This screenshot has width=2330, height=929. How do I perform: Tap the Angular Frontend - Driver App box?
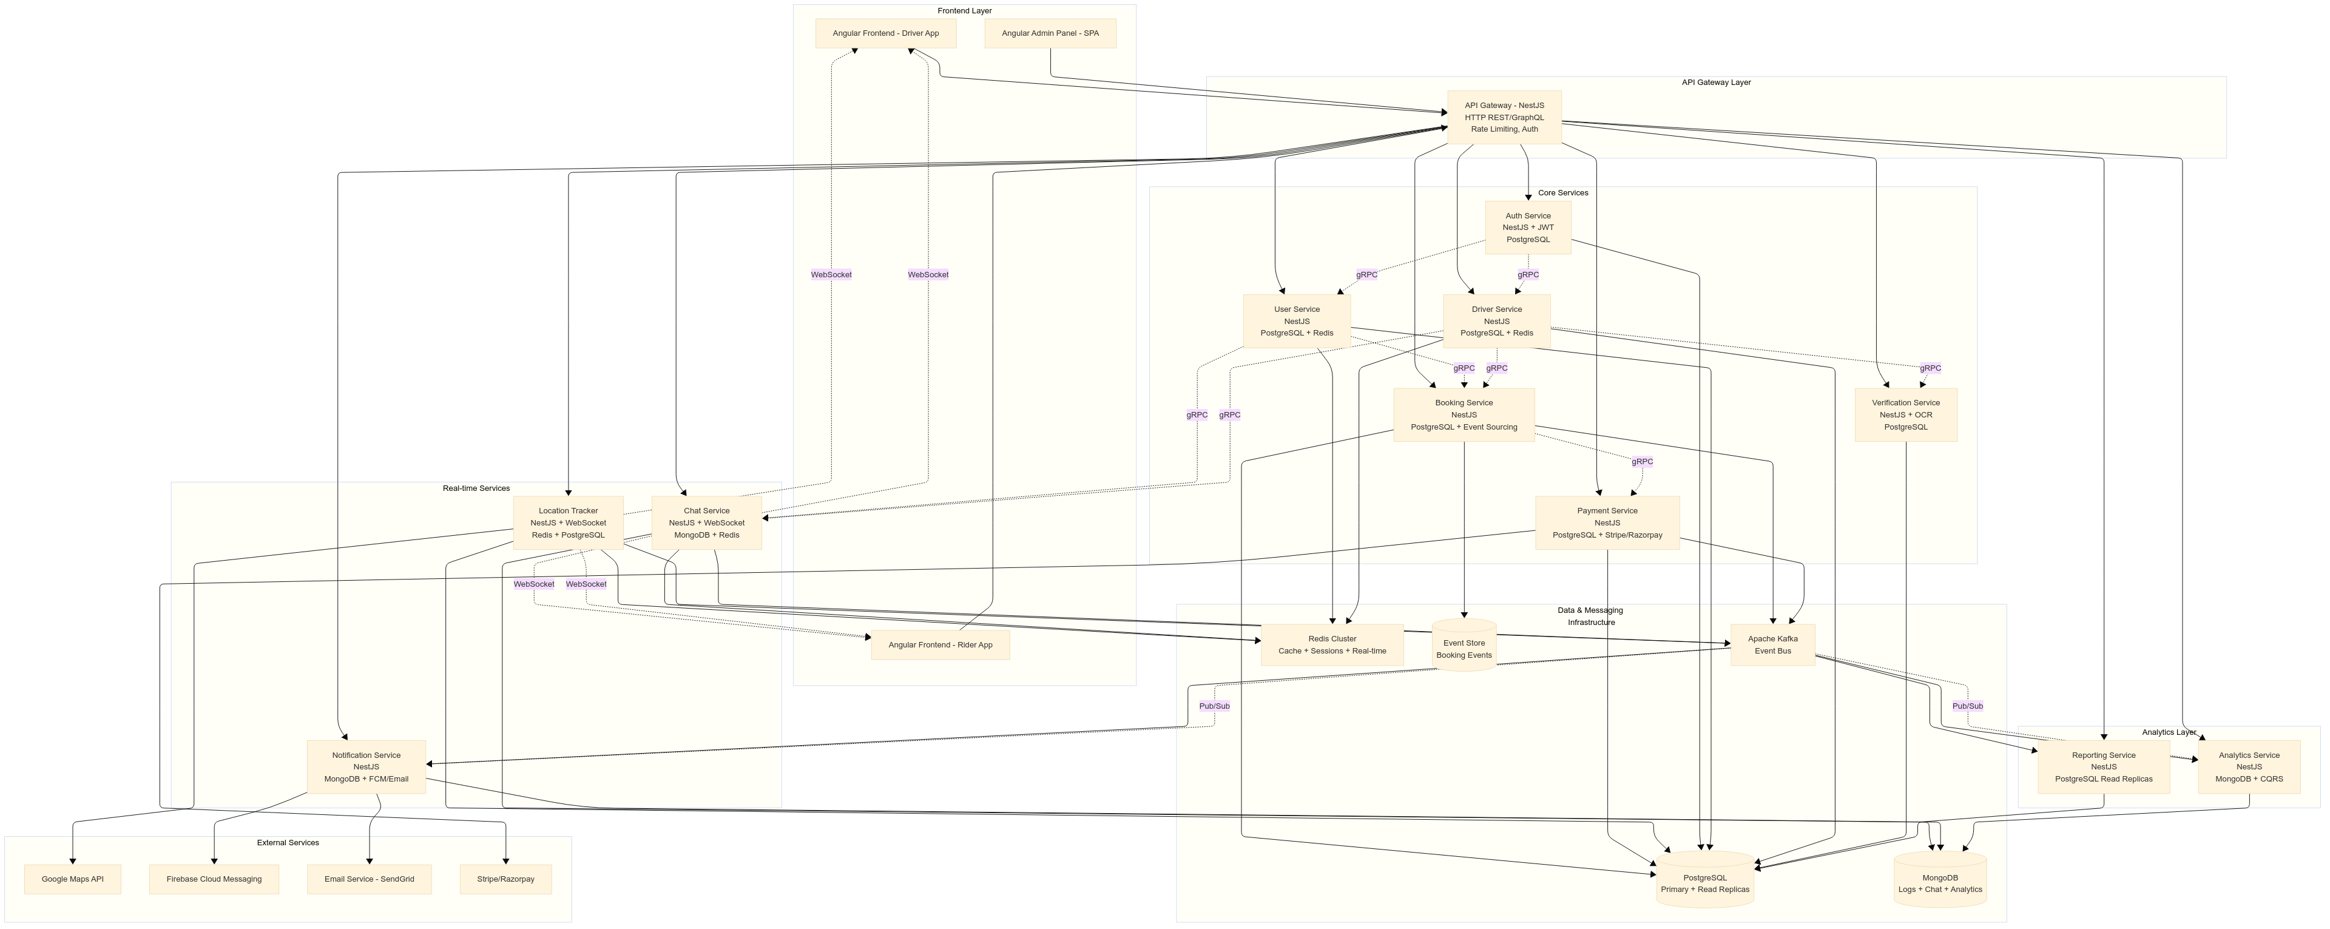(x=885, y=33)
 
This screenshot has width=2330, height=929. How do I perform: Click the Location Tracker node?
(x=568, y=523)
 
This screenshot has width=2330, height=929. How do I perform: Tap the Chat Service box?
(x=706, y=523)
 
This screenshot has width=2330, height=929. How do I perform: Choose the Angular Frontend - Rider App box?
(x=940, y=645)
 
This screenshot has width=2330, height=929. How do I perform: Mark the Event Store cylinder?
(x=1464, y=647)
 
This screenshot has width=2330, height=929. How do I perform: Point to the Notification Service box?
(x=366, y=767)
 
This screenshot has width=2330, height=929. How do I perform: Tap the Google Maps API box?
(x=72, y=879)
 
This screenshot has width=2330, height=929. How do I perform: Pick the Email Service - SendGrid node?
(x=369, y=879)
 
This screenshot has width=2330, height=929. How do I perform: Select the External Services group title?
(x=288, y=843)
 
